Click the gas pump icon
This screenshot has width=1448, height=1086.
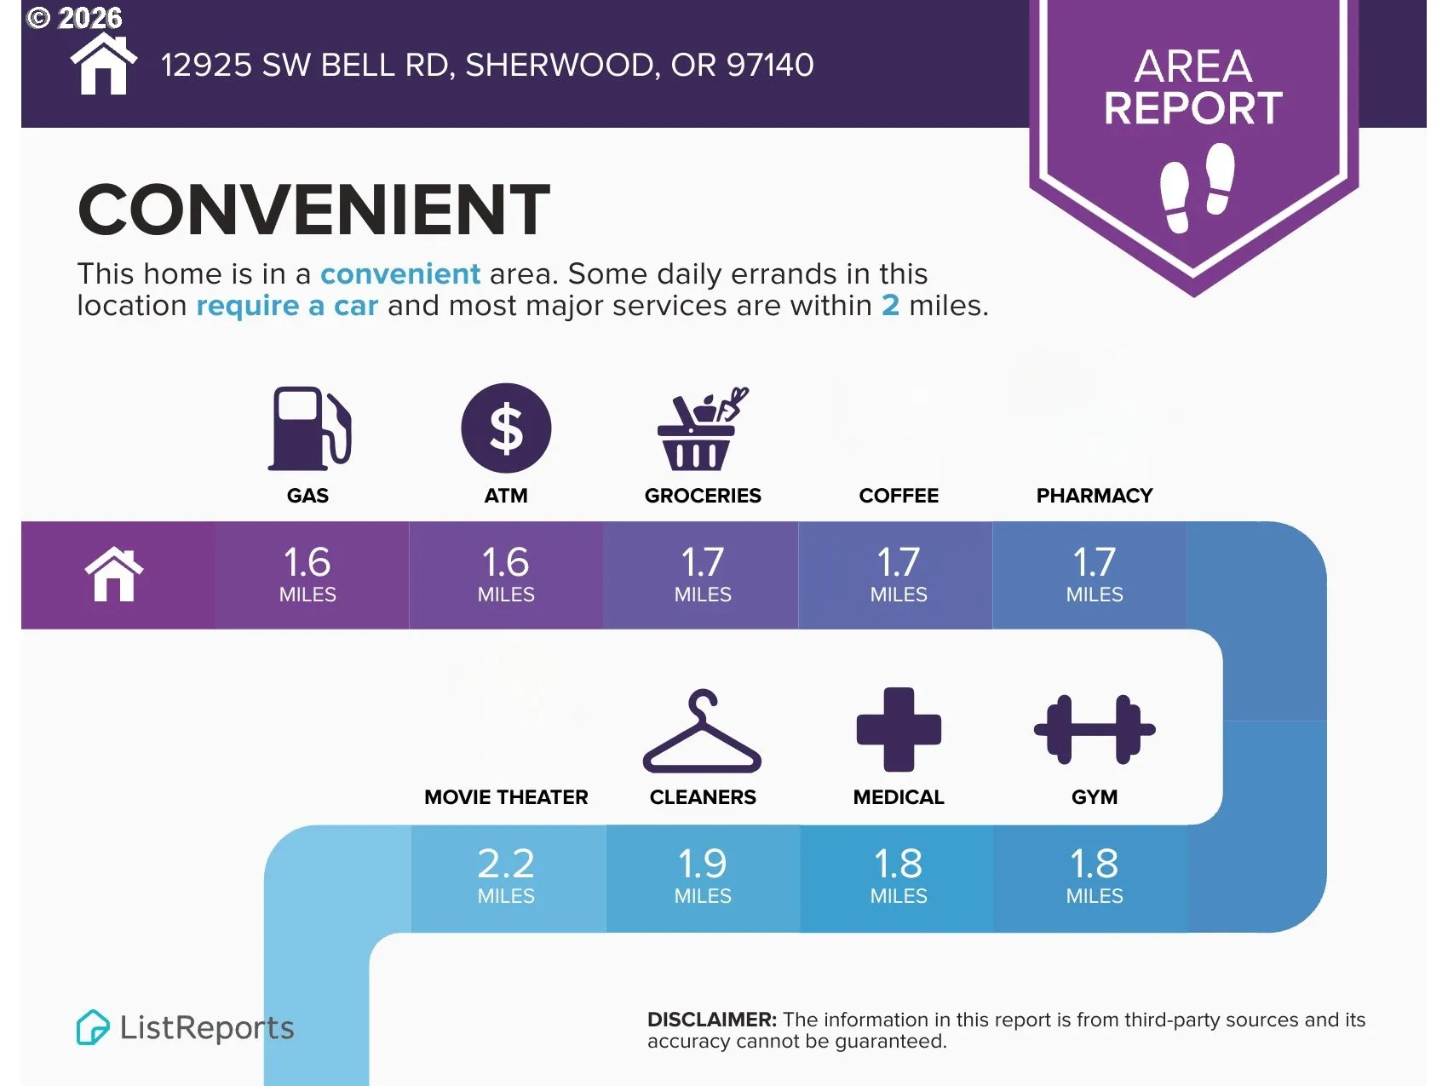[x=309, y=428]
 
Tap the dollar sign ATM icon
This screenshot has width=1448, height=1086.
[x=506, y=428]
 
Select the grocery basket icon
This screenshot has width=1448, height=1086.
[x=702, y=428]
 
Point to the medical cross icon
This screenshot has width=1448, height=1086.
[x=899, y=729]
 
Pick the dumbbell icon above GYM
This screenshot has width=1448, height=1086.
[x=1095, y=730]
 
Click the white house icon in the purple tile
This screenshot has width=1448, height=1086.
[x=114, y=575]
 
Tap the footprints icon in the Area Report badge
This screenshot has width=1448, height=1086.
[x=1198, y=187]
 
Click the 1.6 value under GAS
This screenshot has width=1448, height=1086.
[x=307, y=562]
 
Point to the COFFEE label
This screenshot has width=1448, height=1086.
[x=899, y=496]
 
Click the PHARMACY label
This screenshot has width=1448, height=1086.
[x=1095, y=496]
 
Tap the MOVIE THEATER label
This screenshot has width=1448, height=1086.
[x=506, y=797]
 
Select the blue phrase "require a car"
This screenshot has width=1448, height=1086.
[x=287, y=306]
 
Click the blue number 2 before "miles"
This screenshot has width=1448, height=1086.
[x=890, y=305]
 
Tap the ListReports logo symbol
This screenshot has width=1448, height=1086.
[x=93, y=1027]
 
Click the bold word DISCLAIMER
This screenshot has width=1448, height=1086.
[x=712, y=1020]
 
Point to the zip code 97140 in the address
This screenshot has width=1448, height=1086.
[x=770, y=65]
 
